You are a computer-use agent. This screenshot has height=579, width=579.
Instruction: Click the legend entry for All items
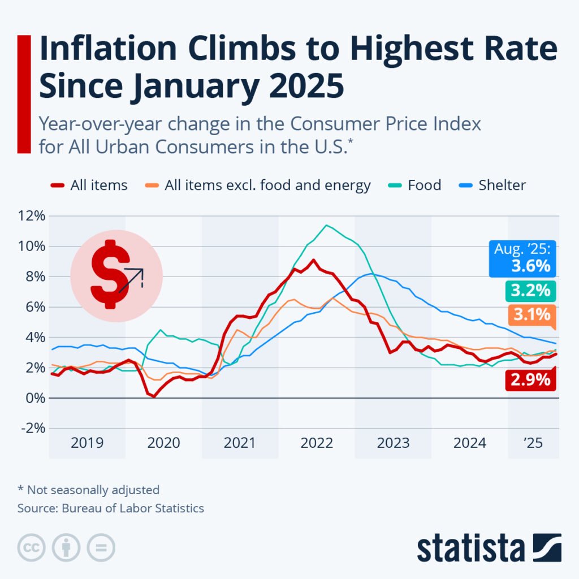tap(89, 185)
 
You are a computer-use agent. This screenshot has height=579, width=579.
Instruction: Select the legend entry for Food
tap(416, 185)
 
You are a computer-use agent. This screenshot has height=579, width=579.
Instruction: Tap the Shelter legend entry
tap(492, 185)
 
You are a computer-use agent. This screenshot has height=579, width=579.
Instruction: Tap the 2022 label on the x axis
tap(317, 442)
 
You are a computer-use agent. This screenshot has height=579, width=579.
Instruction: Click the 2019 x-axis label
tap(87, 442)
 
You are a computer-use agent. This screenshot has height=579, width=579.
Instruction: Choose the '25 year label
tap(533, 442)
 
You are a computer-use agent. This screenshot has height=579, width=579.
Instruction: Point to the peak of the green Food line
tap(326, 225)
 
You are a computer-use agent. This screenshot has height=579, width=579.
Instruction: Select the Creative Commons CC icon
tap(32, 547)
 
